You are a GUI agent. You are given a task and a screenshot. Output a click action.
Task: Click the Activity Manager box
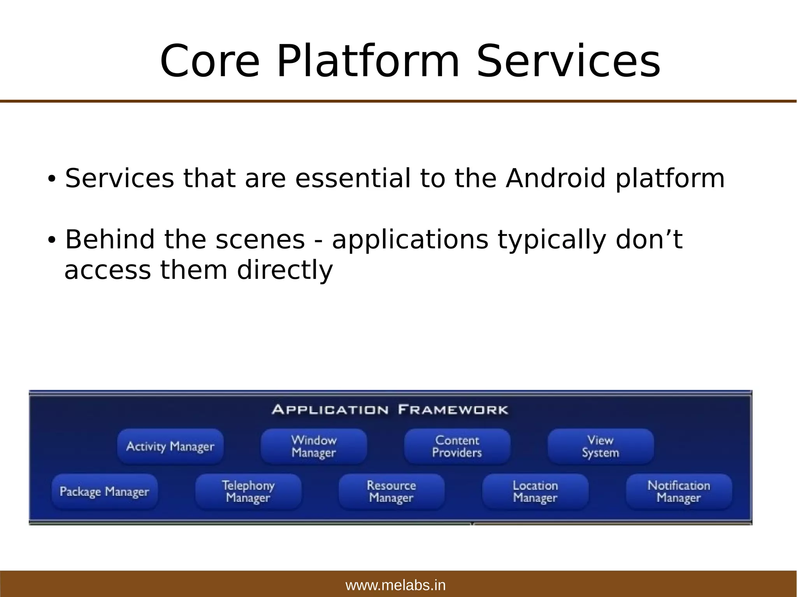coord(170,446)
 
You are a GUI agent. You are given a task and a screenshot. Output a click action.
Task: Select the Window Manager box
coord(314,446)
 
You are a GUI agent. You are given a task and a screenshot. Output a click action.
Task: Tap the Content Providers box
coord(457,446)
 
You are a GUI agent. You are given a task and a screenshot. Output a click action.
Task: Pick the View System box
coord(600,446)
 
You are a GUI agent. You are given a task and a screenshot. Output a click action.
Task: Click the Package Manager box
coord(104,491)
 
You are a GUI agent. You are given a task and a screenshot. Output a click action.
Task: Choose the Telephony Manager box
coord(248,491)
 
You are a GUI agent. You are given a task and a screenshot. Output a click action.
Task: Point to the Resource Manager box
coord(391,491)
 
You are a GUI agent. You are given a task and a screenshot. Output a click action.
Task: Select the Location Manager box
coord(535,491)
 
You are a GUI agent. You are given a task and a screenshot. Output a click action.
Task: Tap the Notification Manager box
coord(679,491)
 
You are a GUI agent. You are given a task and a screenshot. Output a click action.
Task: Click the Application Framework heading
coord(390,410)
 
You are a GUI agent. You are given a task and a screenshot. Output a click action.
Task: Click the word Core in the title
coord(209,61)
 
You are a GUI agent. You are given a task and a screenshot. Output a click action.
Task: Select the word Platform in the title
coord(368,61)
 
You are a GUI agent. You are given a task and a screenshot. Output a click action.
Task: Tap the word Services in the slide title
coord(568,61)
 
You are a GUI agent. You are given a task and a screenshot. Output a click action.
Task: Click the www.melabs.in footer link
coord(395,585)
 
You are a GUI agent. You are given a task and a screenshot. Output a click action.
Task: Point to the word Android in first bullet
coord(556,179)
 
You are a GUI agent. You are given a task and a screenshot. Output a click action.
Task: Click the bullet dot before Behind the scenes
coord(51,240)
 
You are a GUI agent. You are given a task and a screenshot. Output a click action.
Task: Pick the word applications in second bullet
coord(410,240)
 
